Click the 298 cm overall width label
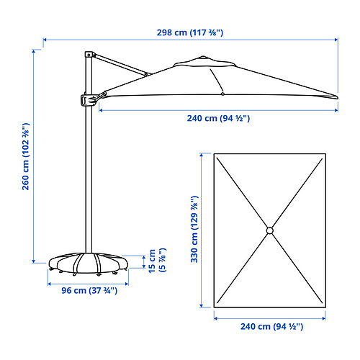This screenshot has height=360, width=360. (x=190, y=32)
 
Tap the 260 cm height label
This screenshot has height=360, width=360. (x=26, y=156)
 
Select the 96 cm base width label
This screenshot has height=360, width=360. (x=89, y=291)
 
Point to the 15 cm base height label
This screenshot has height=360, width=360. (x=157, y=261)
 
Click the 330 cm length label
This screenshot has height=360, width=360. (x=194, y=229)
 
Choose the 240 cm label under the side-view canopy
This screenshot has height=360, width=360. (x=218, y=118)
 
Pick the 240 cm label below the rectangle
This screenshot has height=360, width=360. (x=271, y=327)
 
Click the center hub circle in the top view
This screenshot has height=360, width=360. (x=270, y=230)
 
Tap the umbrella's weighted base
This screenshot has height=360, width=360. (x=89, y=264)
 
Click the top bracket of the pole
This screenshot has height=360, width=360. (x=90, y=55)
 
